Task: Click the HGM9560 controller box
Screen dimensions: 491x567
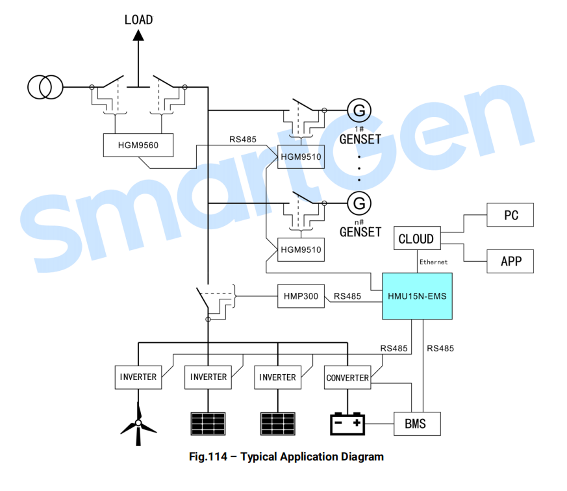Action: (x=139, y=145)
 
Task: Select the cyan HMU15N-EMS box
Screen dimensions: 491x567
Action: (x=416, y=296)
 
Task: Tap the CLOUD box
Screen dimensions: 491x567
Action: (x=416, y=238)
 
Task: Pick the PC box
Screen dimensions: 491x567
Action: (x=510, y=215)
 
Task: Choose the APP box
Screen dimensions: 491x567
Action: (x=510, y=261)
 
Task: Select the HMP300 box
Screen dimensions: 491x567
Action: (x=301, y=296)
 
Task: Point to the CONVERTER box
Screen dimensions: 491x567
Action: (x=347, y=377)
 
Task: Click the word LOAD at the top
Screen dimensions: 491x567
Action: (x=138, y=19)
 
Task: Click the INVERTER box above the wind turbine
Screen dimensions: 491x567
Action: (x=138, y=377)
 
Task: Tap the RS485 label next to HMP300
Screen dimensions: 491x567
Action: (x=347, y=296)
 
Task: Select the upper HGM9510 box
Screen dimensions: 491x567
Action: (x=301, y=157)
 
